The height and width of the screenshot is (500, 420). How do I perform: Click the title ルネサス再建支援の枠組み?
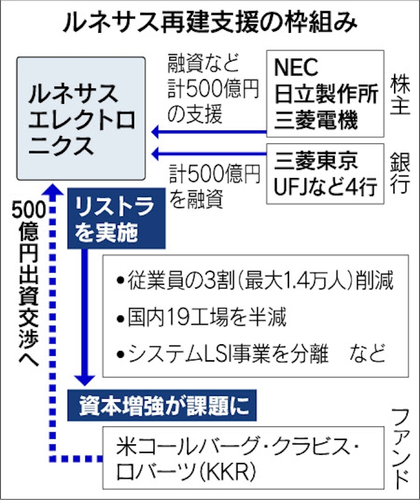[210, 23]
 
